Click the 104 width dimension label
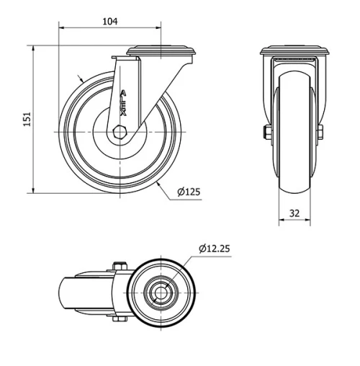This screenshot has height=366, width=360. (x=109, y=22)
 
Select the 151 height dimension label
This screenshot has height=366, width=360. (x=27, y=119)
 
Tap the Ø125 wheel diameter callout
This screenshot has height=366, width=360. (x=189, y=192)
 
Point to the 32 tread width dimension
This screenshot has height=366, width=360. (x=294, y=213)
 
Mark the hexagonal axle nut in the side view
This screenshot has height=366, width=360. (x=120, y=133)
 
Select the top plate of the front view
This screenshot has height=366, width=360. (x=294, y=51)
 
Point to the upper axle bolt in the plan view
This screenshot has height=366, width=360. (x=120, y=265)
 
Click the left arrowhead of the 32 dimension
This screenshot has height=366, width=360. (x=281, y=221)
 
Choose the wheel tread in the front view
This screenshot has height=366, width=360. (x=294, y=137)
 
